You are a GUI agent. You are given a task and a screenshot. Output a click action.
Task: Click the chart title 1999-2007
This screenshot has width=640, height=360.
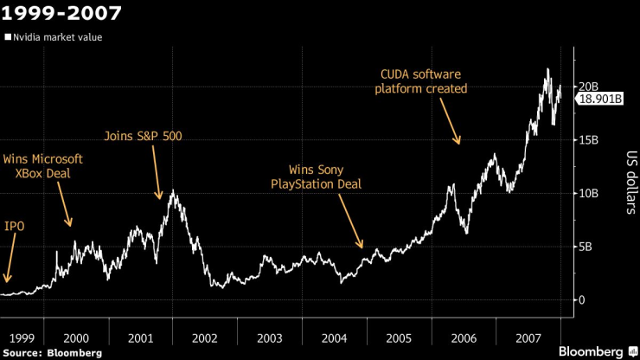coord(61,14)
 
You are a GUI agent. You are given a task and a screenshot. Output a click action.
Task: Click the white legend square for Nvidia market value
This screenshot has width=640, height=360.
coord(9,37)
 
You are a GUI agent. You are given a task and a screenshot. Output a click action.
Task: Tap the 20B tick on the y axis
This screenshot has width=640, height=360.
coord(590,87)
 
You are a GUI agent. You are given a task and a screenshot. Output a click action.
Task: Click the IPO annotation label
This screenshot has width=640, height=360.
coord(15,227)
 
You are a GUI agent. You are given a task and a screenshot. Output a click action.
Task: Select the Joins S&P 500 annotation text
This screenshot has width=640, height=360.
coord(143,136)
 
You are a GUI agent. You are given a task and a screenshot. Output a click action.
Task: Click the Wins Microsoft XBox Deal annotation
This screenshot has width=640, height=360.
coord(43,166)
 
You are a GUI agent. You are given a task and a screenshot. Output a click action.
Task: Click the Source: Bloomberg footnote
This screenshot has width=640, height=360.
coord(52,353)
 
